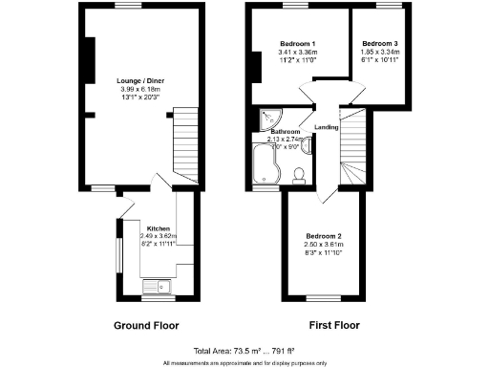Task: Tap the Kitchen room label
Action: click(159, 228)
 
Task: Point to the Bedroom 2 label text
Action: click(323, 235)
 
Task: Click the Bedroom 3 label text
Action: click(380, 45)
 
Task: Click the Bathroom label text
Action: click(285, 131)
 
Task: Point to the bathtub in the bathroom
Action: click(264, 164)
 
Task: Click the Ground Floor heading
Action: click(146, 325)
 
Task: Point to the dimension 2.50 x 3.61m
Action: click(323, 244)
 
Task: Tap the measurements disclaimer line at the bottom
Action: click(244, 362)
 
